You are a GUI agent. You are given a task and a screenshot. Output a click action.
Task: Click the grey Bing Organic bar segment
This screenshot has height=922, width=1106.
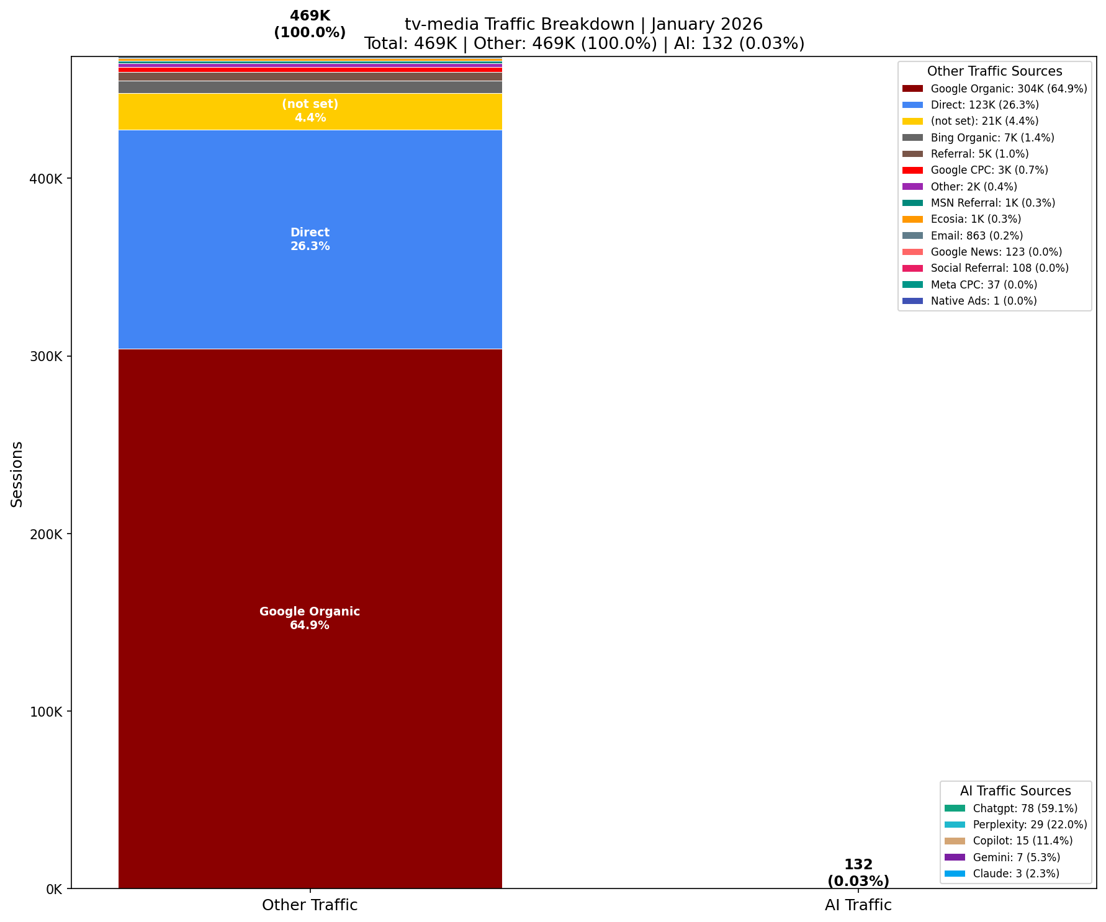coord(310,87)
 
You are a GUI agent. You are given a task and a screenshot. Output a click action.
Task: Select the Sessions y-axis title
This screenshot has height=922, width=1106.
coord(17,474)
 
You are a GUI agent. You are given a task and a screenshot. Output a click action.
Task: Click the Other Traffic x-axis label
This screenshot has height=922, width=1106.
coord(310,905)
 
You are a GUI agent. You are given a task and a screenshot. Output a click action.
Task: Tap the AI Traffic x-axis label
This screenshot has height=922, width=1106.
coord(858,905)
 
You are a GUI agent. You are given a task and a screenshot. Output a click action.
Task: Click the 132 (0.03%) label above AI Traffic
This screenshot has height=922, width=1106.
coord(858,872)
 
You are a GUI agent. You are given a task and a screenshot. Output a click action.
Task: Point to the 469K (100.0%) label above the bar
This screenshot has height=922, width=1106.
coord(310,25)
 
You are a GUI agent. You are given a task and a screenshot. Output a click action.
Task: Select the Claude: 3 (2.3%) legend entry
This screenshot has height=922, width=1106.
coord(1016,874)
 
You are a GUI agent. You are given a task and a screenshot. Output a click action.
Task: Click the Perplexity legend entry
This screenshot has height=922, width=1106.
coord(1030,825)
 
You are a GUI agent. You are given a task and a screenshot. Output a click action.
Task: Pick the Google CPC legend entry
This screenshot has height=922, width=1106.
coord(989,170)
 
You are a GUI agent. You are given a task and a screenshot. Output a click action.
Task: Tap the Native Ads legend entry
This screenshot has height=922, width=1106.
coord(984,301)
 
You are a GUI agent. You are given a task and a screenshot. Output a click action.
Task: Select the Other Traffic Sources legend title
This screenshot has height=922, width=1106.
coord(994,71)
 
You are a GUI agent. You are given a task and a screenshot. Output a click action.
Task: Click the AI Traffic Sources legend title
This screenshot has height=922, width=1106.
coord(1015,791)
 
